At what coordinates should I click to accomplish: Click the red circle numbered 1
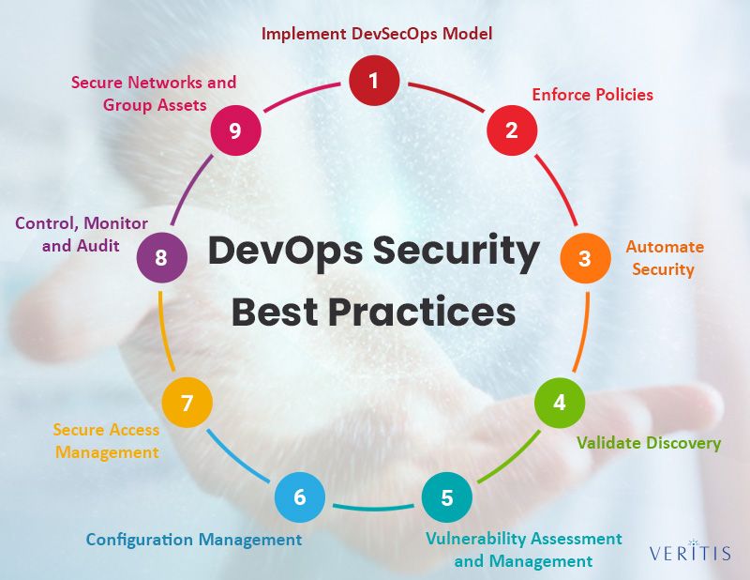coord(373,81)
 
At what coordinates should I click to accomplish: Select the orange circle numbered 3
coord(585,257)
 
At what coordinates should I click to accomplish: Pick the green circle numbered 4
coord(560,403)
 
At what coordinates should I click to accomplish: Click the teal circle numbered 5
coord(446,497)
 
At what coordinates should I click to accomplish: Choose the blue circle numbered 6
coord(300,497)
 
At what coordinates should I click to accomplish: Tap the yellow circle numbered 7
coord(187,403)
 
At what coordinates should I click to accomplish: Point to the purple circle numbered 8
coord(161,257)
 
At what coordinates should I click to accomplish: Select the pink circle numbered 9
coord(235,130)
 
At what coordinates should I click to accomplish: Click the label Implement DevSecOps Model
coord(377,34)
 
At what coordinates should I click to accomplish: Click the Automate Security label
coord(665,258)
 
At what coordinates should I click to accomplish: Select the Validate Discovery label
coord(649,442)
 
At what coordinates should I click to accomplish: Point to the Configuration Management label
coord(194,540)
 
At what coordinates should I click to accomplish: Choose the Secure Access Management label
coord(106,441)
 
